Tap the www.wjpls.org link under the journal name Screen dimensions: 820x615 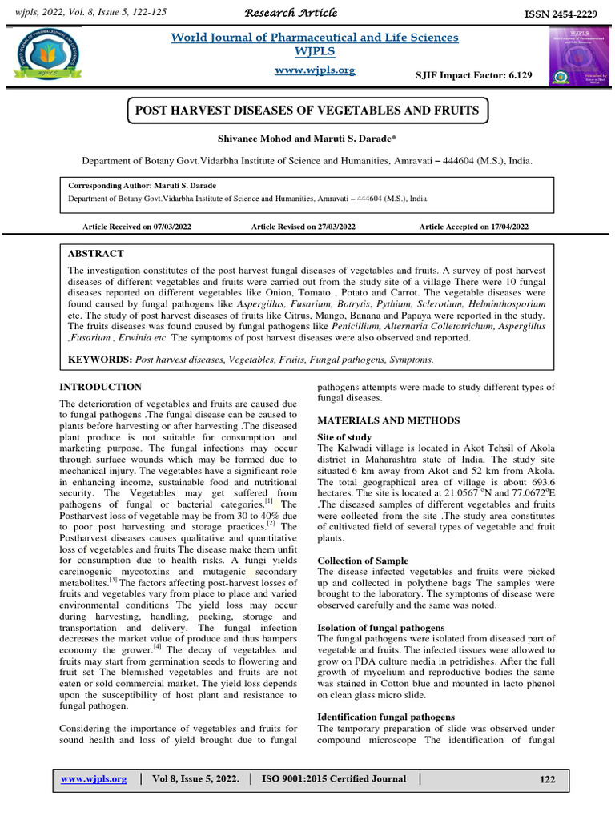pyautogui.click(x=315, y=70)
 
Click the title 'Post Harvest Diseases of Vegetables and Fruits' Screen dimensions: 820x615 pyautogui.click(x=307, y=110)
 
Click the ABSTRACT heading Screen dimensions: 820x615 pyautogui.click(x=96, y=253)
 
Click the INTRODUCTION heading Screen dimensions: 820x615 pyautogui.click(x=101, y=387)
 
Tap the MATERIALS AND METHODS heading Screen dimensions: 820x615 pyautogui.click(x=388, y=420)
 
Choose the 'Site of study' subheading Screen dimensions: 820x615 pyautogui.click(x=344, y=437)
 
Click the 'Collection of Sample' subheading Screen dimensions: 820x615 pyautogui.click(x=363, y=561)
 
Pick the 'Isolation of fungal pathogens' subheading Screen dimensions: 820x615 pyautogui.click(x=381, y=627)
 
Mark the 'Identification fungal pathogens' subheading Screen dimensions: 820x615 pyautogui.click(x=386, y=716)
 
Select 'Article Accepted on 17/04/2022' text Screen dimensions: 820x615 pyautogui.click(x=474, y=227)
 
